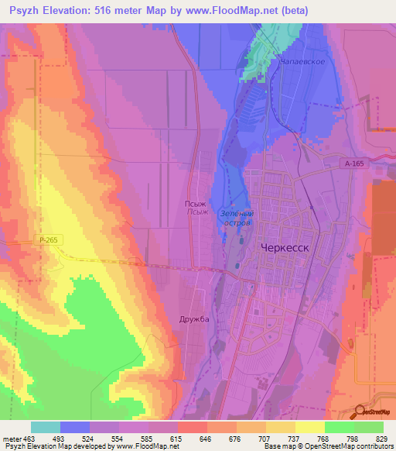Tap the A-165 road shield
coord(354,164)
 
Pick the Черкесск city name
coord(284,248)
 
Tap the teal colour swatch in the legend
coord(46,427)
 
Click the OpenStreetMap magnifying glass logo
coord(362,412)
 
